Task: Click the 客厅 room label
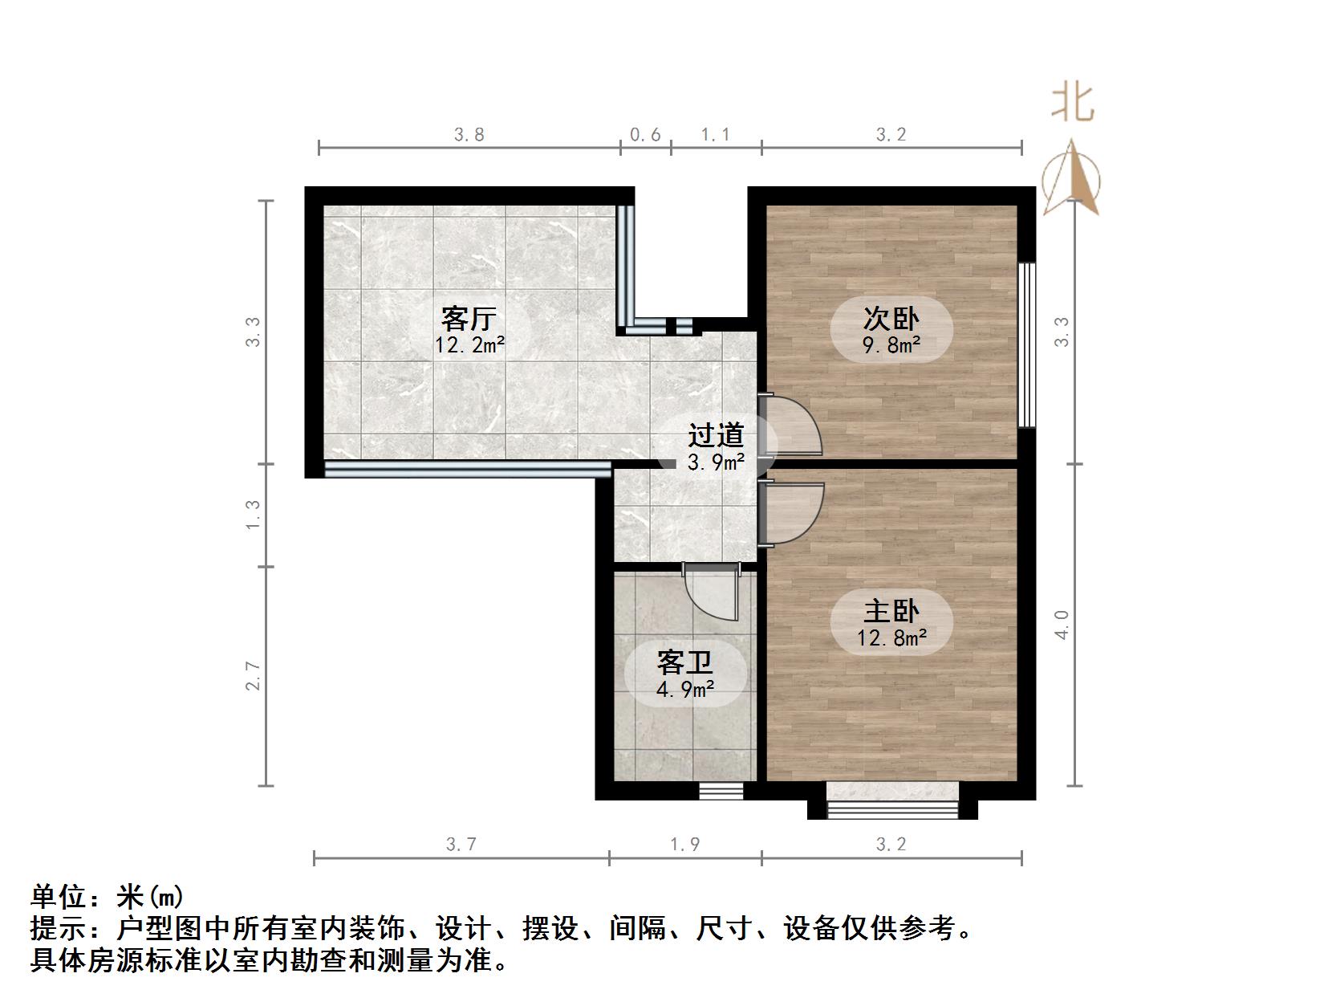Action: [469, 319]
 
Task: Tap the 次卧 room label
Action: [891, 319]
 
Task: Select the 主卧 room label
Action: [891, 612]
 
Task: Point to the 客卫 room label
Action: [684, 662]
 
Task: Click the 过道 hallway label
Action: [716, 436]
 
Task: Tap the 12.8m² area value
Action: [891, 638]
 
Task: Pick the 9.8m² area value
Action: [891, 345]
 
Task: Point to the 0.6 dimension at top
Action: [645, 135]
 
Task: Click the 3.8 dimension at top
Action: [469, 135]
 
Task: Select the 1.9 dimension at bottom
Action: [685, 844]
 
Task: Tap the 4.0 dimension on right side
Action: [1062, 624]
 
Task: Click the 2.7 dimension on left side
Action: [254, 675]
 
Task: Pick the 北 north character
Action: [1073, 104]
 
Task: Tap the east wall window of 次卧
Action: [1026, 344]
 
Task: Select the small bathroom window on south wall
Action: [721, 791]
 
